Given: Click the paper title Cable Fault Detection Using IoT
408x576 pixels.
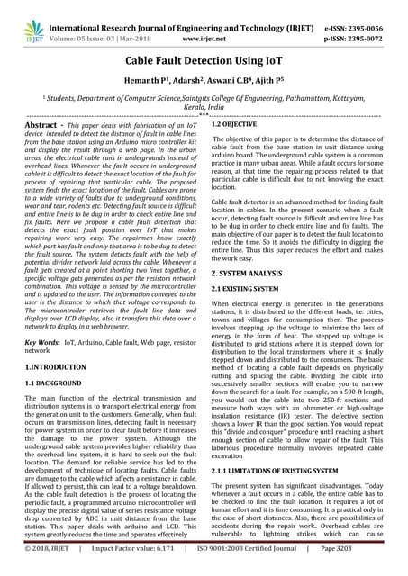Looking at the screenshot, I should [x=204, y=58].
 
